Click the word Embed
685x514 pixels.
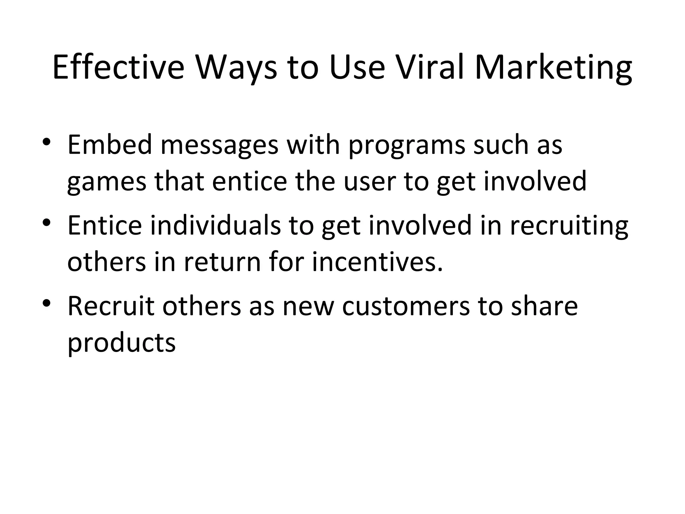[x=109, y=145]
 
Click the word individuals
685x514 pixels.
[x=215, y=225]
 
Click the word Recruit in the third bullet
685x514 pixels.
[x=111, y=306]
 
